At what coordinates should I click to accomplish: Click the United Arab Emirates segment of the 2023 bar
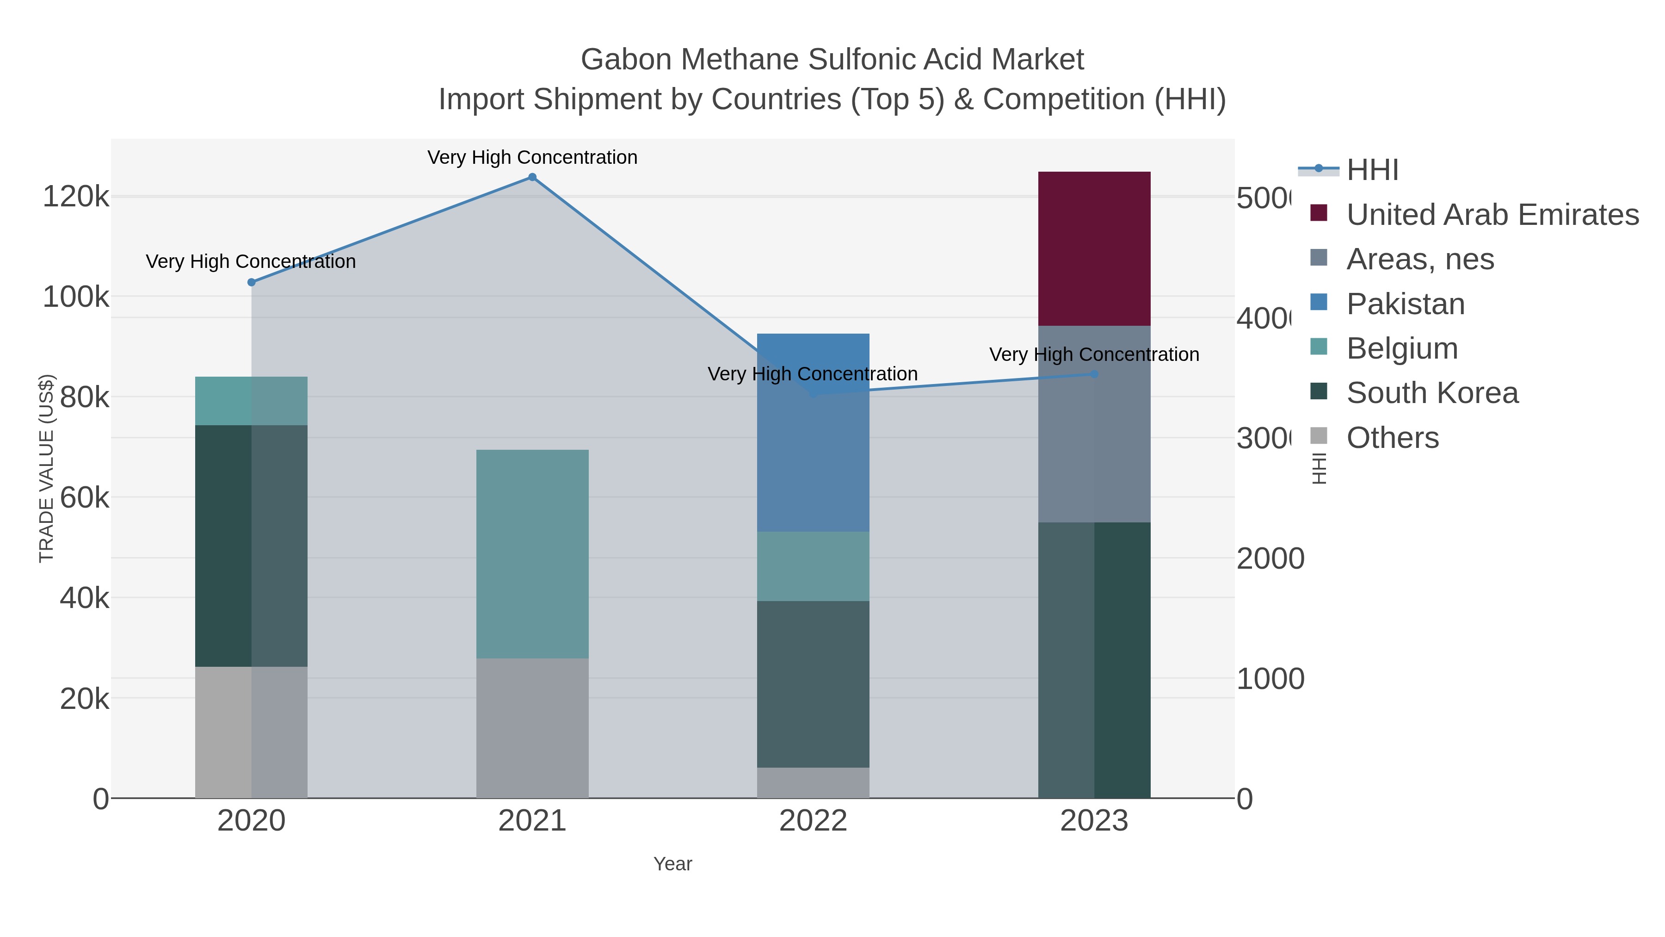[x=1094, y=249]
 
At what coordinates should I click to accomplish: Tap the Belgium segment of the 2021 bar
[x=532, y=554]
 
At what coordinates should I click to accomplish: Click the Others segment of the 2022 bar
[x=813, y=783]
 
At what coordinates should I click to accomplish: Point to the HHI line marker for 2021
[x=532, y=177]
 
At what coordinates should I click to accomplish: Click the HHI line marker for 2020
[x=252, y=283]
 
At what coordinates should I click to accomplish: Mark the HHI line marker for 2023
[x=1094, y=374]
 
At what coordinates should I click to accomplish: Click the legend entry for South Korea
[x=1431, y=393]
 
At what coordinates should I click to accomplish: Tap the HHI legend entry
[x=1372, y=170]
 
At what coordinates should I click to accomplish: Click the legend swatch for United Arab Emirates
[x=1319, y=213]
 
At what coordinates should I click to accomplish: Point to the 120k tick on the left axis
[x=76, y=197]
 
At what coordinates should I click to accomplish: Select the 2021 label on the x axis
[x=532, y=821]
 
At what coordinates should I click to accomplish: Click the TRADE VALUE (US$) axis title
[x=47, y=468]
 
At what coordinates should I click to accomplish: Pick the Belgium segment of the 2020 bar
[x=252, y=401]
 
